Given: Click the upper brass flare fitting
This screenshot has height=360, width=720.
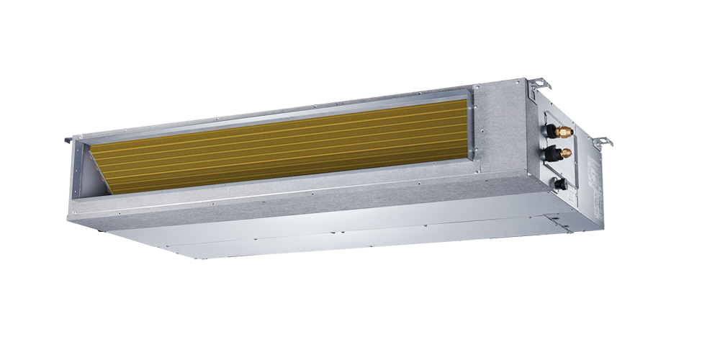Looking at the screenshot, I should point(566,132).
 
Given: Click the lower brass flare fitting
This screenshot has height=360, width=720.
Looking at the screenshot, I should point(566,153).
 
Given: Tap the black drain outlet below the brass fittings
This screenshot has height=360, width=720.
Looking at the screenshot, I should point(559,184).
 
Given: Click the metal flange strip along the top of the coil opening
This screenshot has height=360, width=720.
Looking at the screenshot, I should point(274,115).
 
